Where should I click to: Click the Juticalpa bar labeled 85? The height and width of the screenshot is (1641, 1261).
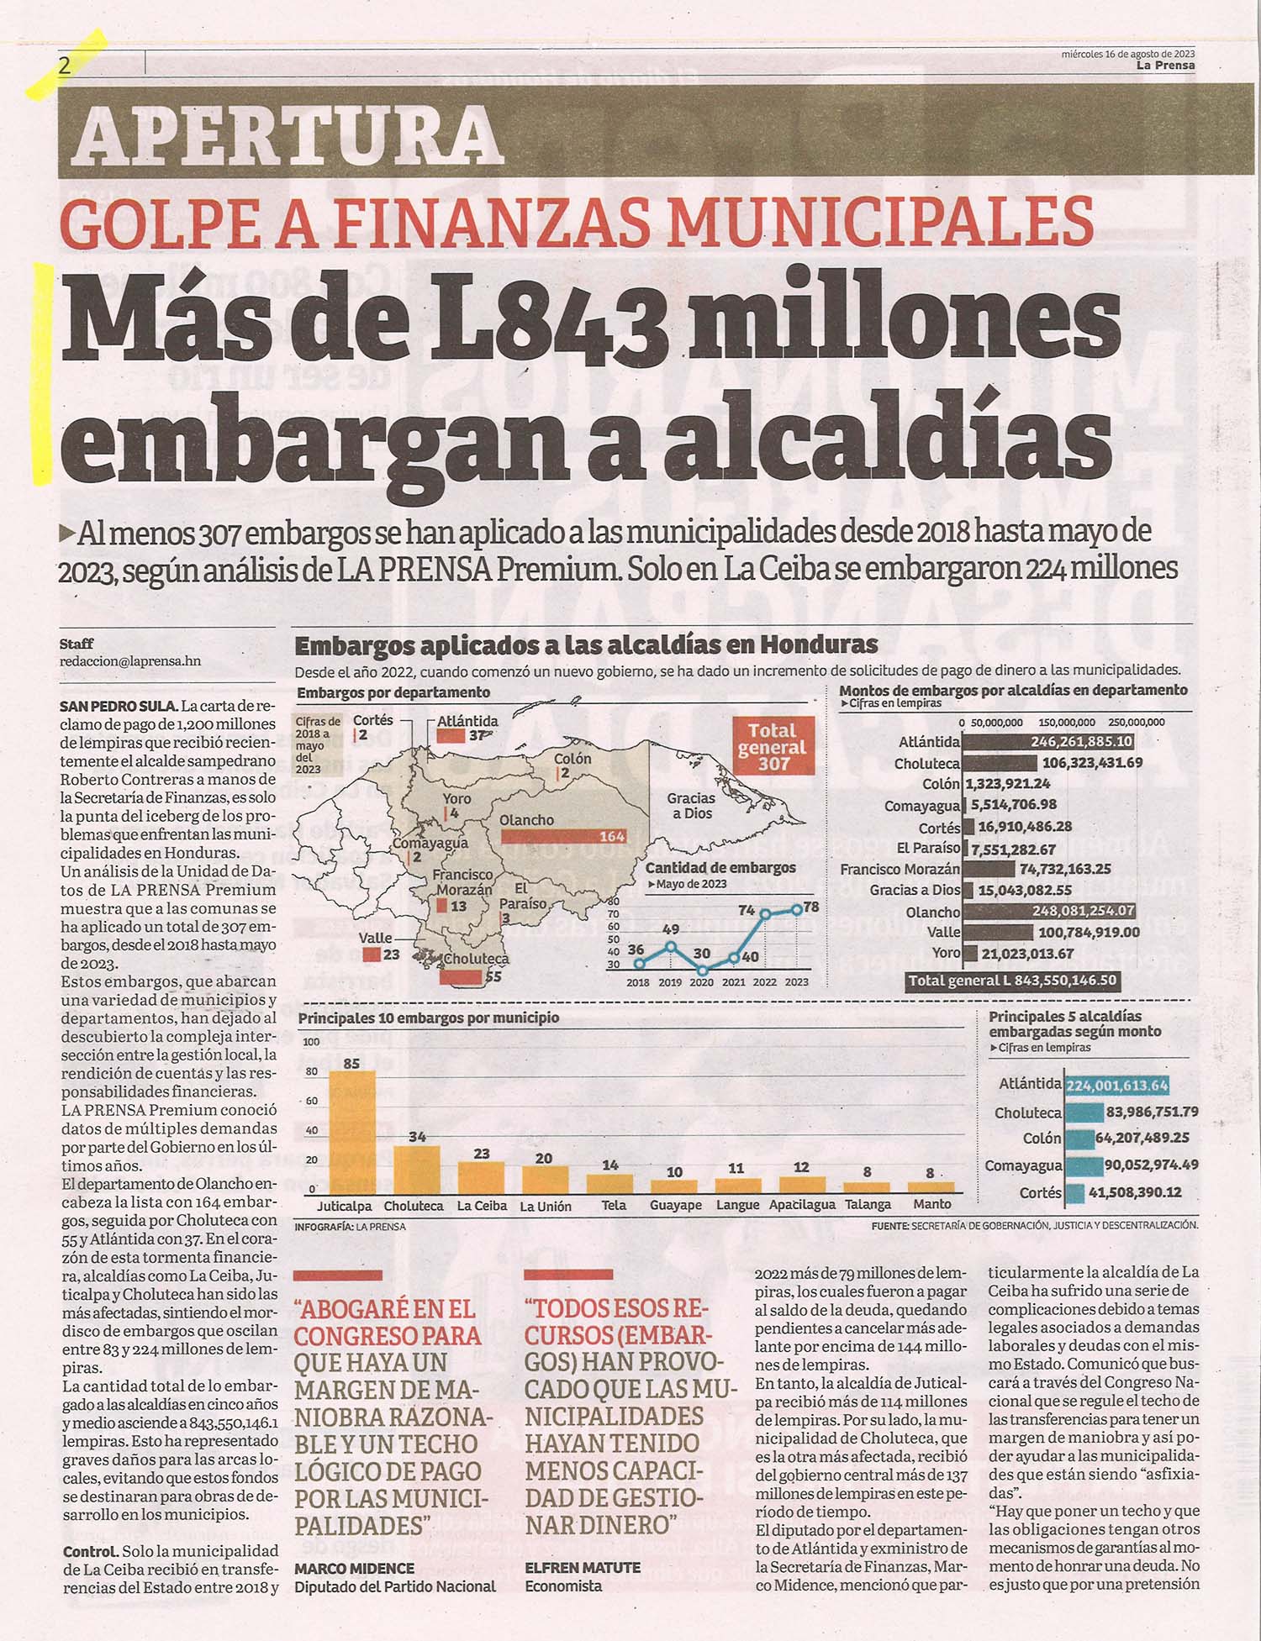point(351,1132)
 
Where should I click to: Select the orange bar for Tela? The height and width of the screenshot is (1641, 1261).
point(610,1184)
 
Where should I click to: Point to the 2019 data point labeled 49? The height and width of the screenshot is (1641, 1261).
point(670,946)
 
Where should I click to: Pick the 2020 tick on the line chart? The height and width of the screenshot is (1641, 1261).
point(701,981)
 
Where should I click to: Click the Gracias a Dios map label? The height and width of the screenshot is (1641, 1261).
point(691,805)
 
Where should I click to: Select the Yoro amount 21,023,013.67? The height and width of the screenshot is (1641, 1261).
point(1026,954)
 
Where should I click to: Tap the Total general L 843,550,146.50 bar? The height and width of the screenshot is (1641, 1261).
point(1013,981)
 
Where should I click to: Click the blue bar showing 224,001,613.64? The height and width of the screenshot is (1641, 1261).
point(1117,1085)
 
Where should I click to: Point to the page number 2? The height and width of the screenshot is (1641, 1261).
point(65,66)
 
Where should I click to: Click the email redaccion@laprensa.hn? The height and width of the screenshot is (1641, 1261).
point(130,661)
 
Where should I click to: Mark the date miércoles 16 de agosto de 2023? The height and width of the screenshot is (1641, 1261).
point(1127,53)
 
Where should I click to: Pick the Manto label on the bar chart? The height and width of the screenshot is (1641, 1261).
point(931,1204)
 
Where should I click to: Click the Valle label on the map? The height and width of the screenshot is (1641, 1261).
point(375,938)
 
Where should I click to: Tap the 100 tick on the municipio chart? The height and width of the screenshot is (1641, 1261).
point(311,1042)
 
